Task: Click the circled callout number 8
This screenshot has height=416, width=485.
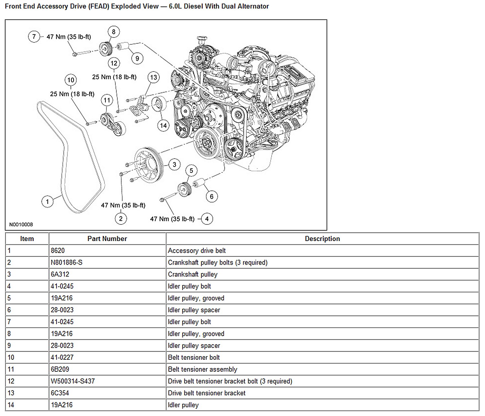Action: [x=113, y=32]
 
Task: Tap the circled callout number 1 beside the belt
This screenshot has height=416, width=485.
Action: [x=48, y=202]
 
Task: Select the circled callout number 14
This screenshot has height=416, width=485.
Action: [x=163, y=125]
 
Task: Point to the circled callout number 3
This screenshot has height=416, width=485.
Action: [x=174, y=165]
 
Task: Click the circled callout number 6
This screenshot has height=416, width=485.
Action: [x=212, y=196]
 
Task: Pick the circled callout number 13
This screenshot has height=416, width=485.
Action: [x=154, y=77]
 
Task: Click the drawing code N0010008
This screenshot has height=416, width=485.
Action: [x=21, y=224]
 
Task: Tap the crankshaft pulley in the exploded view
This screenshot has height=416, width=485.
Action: [x=149, y=165]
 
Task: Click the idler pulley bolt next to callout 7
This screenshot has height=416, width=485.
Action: [x=85, y=53]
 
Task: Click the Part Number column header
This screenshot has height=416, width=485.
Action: [x=107, y=239]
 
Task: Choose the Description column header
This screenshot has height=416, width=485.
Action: [x=322, y=239]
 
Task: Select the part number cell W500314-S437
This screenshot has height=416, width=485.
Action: [x=73, y=381]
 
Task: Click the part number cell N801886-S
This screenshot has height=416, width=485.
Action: [x=67, y=262]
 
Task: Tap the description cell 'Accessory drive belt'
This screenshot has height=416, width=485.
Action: [x=197, y=251]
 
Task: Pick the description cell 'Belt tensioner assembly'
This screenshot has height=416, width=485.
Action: [x=202, y=369]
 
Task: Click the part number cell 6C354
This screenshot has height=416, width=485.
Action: [x=60, y=393]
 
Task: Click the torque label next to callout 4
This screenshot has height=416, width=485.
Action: [x=172, y=219]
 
